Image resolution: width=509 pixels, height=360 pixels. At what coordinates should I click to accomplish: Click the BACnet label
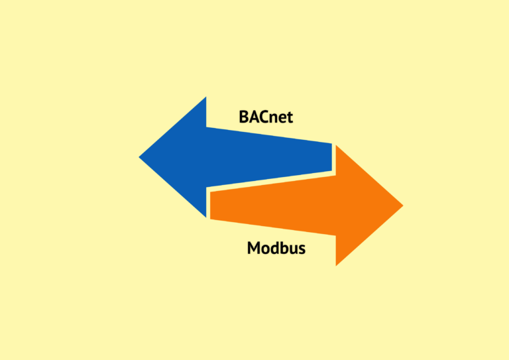coord(266,117)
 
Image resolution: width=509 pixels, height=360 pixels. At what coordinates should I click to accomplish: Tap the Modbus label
coord(276,248)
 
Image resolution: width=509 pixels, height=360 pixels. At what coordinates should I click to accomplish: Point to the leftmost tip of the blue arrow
coord(139,157)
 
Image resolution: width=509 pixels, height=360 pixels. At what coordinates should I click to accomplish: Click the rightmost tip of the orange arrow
coord(403,205)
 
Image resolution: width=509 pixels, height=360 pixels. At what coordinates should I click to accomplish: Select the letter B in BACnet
coord(243,117)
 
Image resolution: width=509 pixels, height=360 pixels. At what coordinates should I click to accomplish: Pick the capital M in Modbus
coord(254,248)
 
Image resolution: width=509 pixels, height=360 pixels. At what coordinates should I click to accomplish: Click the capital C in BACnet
coord(264,117)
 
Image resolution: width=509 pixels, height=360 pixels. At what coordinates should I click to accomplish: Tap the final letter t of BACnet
coord(289,118)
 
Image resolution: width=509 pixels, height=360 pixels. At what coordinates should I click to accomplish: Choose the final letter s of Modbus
coord(302,250)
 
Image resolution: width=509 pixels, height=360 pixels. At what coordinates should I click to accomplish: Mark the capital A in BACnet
coord(254,117)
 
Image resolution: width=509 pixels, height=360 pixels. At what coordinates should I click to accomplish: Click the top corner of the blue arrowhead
coord(206,97)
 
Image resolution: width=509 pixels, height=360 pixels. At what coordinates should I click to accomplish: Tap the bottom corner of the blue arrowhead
coord(206,217)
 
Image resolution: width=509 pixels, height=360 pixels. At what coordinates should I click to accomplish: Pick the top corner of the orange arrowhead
coord(335,145)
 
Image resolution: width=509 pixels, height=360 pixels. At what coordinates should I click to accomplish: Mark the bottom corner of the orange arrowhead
coord(335,266)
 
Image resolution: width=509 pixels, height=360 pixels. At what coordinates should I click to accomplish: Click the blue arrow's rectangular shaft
coord(269,157)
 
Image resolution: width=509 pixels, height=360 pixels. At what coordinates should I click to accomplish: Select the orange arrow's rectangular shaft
coord(273,205)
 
